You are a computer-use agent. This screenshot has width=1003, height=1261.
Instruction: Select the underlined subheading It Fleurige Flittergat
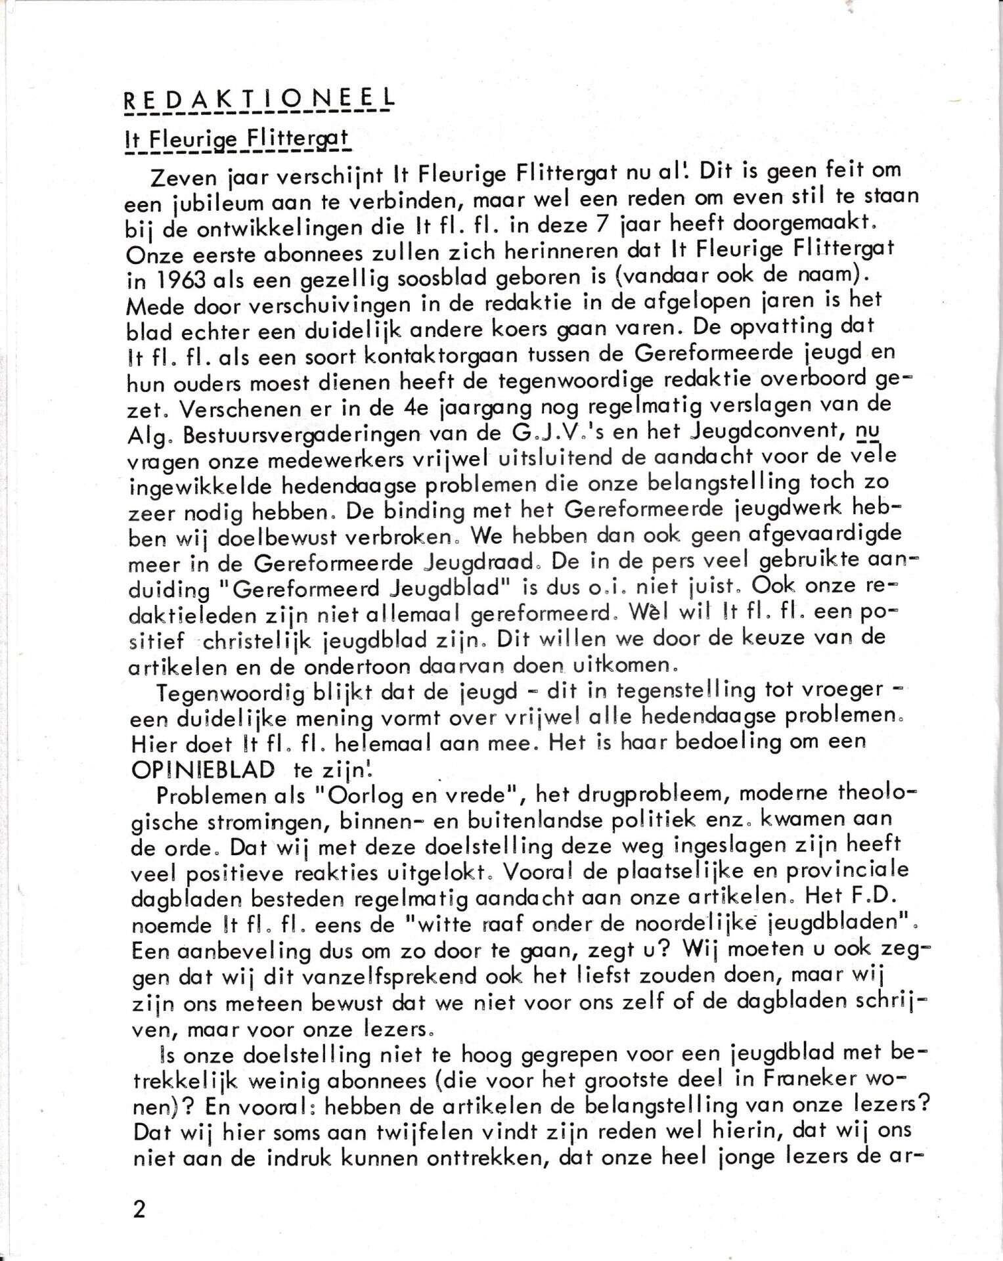tap(237, 139)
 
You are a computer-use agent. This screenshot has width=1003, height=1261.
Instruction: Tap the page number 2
tap(139, 1209)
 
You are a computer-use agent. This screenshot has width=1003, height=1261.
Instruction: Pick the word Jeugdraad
tap(482, 563)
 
